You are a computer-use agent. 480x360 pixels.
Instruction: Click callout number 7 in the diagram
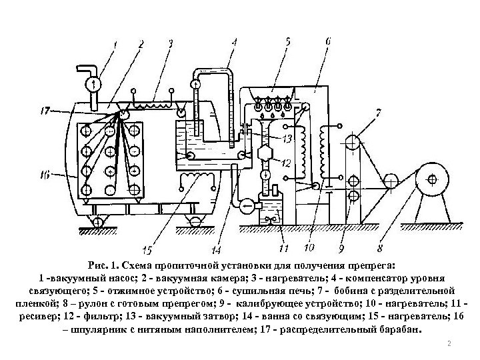pyautogui.click(x=379, y=113)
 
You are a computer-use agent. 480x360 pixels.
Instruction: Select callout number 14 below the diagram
pyautogui.click(x=216, y=251)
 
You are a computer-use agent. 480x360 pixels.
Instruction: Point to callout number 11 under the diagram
pyautogui.click(x=283, y=249)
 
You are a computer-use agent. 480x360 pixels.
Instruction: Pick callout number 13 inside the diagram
pyautogui.click(x=287, y=139)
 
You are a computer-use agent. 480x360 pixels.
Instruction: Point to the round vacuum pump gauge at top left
pyautogui.click(x=94, y=84)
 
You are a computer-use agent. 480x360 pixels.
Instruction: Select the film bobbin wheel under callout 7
pyautogui.click(x=353, y=142)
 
